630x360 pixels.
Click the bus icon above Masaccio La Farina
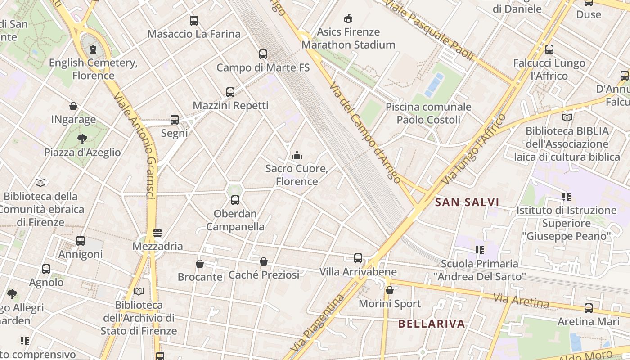[194, 20]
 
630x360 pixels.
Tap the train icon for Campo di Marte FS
[263, 54]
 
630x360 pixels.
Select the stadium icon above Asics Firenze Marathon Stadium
[348, 18]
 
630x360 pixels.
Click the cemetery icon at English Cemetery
[93, 49]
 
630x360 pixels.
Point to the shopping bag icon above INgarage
[73, 106]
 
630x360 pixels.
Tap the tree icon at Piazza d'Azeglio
[82, 139]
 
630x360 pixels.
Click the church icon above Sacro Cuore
[297, 156]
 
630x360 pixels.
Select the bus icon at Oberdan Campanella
[235, 200]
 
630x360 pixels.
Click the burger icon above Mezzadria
[157, 233]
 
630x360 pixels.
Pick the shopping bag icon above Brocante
[200, 264]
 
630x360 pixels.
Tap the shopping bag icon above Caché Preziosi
[264, 261]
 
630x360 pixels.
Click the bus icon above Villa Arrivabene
[358, 258]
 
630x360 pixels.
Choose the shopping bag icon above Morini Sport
[390, 290]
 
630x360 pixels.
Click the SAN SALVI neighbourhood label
[467, 202]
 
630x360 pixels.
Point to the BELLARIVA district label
[432, 324]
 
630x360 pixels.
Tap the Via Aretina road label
[521, 301]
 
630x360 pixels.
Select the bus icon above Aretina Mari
[589, 308]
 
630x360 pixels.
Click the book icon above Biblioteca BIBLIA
[567, 117]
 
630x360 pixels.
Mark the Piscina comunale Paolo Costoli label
[428, 113]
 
